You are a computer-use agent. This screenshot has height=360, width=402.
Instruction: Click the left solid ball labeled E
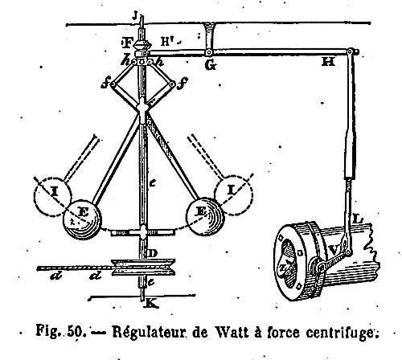point(82,219)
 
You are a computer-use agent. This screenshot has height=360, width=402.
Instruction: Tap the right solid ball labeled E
point(205,217)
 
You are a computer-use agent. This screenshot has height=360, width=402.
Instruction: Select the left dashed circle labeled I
point(53,197)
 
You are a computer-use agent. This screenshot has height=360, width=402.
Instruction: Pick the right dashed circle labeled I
point(234,195)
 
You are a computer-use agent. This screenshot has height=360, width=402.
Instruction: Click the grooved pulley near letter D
point(143,267)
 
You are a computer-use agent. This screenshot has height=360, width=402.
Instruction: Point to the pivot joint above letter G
point(208,52)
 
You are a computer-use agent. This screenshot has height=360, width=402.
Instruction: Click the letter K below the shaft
point(151,304)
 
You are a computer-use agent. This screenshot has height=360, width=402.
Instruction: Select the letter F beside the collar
point(128,43)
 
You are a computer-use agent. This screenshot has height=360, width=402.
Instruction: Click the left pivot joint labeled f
point(113,84)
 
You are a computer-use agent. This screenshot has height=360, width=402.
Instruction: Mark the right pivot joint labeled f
point(172,84)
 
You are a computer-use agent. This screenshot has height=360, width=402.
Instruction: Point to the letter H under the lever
point(328,63)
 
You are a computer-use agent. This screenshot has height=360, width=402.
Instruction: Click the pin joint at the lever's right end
point(351,51)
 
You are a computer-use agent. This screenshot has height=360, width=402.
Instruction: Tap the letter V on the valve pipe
point(334,251)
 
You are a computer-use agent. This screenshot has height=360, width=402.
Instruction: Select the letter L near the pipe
point(358,219)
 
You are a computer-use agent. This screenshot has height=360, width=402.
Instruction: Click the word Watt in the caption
point(231,332)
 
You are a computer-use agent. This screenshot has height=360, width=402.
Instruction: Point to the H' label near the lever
point(167,42)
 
